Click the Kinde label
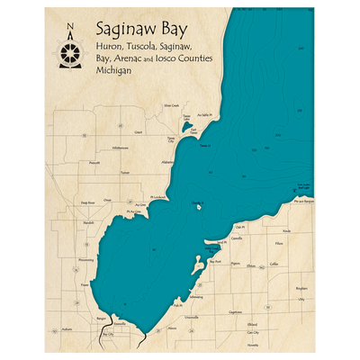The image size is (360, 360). tap(285, 231)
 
